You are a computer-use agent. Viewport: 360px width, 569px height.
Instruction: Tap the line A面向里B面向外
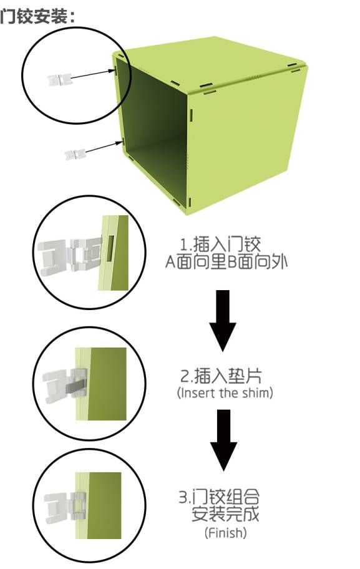click(226, 261)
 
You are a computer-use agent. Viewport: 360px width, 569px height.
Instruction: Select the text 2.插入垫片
click(221, 376)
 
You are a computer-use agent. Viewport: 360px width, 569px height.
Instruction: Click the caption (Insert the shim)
click(225, 393)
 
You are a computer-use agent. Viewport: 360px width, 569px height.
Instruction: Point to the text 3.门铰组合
click(219, 497)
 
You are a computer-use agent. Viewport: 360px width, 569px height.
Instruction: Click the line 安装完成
click(225, 514)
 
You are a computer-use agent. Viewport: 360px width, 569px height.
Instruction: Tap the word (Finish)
click(225, 533)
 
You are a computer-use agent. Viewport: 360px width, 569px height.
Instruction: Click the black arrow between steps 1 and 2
click(223, 320)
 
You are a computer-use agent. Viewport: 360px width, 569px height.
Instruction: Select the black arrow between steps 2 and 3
click(223, 440)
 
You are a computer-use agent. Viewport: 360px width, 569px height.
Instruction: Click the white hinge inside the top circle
click(60, 79)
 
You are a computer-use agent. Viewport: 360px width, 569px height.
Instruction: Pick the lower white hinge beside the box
click(75, 155)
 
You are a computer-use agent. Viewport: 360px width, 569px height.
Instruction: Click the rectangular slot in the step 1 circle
click(110, 248)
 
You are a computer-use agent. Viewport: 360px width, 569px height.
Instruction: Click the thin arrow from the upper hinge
click(92, 74)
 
